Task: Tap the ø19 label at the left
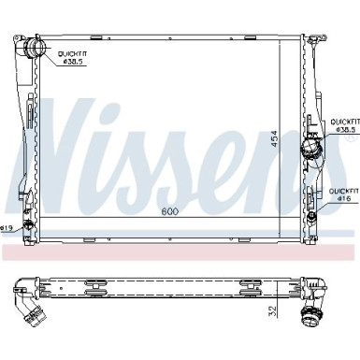pos(7,227)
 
